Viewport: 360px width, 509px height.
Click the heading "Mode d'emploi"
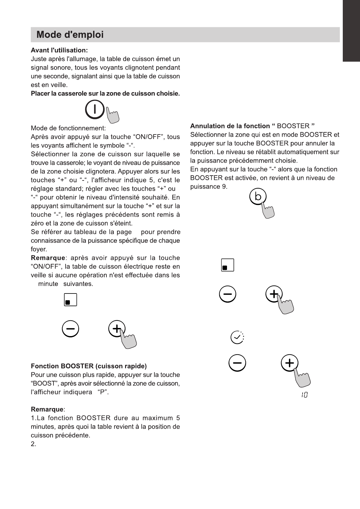[70, 35]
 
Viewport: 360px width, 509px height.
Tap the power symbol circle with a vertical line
[95, 109]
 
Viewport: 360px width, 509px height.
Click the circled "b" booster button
[258, 197]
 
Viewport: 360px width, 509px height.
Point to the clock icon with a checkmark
[237, 337]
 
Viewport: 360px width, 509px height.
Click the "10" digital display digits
[304, 395]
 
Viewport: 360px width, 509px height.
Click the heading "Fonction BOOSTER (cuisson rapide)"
[89, 366]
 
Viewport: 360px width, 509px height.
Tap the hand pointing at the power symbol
[113, 116]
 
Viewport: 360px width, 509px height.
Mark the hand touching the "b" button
[268, 210]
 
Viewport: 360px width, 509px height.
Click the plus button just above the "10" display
[290, 363]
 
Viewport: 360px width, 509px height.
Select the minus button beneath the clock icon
[237, 363]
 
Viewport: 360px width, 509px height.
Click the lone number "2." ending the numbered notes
[34, 444]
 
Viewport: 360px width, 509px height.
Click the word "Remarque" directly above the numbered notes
[47, 410]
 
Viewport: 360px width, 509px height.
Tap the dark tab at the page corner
[351, 30]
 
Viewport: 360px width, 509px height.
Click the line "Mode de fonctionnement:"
[68, 128]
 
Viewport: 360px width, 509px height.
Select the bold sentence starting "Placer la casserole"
[105, 94]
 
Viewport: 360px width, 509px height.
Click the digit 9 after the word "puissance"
[224, 186]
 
